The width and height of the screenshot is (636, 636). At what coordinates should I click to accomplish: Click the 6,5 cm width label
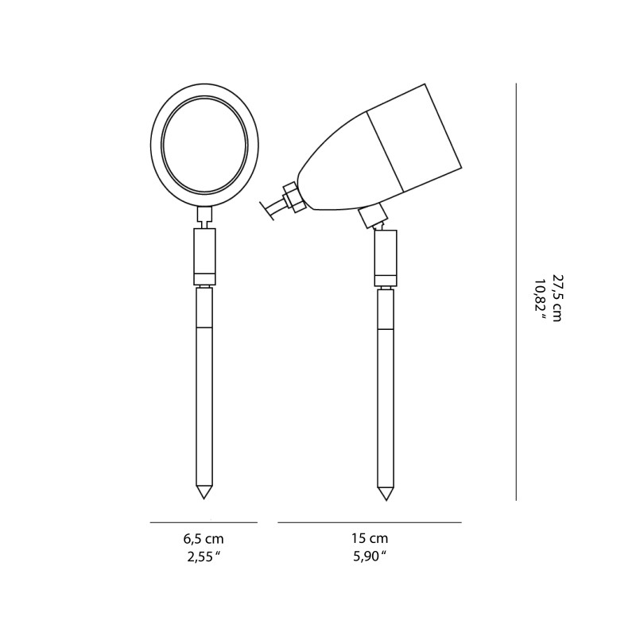[204, 539]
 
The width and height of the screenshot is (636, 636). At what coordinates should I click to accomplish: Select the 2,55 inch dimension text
[204, 556]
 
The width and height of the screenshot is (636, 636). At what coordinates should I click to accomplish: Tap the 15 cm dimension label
[370, 539]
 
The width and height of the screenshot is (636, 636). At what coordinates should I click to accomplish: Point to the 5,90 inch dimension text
[370, 556]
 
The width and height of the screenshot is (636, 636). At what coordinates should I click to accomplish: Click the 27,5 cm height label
[556, 298]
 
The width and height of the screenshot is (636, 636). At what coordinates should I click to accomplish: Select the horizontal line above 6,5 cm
[204, 522]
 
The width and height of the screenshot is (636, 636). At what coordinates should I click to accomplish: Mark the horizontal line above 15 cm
[370, 522]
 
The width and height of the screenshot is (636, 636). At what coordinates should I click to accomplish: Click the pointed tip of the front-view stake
[204, 494]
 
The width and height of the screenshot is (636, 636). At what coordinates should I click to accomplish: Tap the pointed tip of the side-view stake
[386, 495]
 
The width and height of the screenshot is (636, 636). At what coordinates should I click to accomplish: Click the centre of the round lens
[204, 145]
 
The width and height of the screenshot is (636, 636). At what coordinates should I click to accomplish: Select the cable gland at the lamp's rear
[292, 197]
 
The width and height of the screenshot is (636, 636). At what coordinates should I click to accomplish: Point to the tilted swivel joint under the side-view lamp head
[372, 215]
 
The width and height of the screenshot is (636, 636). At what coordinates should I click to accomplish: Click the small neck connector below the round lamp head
[204, 215]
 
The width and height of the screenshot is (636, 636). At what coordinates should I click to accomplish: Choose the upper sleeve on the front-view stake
[204, 256]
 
